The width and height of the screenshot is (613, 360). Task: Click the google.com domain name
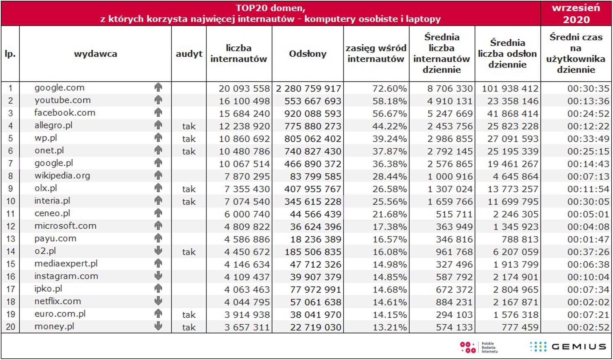click(x=59, y=88)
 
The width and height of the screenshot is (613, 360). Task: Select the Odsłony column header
click(x=308, y=54)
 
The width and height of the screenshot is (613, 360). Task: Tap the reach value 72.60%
click(x=389, y=89)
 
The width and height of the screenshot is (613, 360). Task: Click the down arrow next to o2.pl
click(x=158, y=251)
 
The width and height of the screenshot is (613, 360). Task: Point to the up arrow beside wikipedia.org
click(x=158, y=176)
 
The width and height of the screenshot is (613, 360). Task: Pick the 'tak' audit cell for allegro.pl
click(x=189, y=126)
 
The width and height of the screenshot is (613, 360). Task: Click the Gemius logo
click(x=568, y=347)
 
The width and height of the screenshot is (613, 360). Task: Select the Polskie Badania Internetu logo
click(x=479, y=347)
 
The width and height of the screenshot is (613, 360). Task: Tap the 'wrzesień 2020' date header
click(x=576, y=14)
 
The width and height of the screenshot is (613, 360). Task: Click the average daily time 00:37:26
click(x=588, y=252)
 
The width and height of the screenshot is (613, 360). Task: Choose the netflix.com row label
click(x=58, y=302)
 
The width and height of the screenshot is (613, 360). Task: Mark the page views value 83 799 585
click(x=315, y=176)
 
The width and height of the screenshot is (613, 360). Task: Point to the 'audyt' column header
click(x=189, y=54)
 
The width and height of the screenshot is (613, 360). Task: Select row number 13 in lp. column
click(x=10, y=239)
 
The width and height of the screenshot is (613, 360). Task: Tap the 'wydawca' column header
click(x=95, y=54)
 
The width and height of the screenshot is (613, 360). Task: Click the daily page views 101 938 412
click(x=510, y=89)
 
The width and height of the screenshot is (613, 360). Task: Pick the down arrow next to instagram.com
click(x=158, y=276)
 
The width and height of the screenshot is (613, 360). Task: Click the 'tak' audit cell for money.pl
click(x=189, y=327)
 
